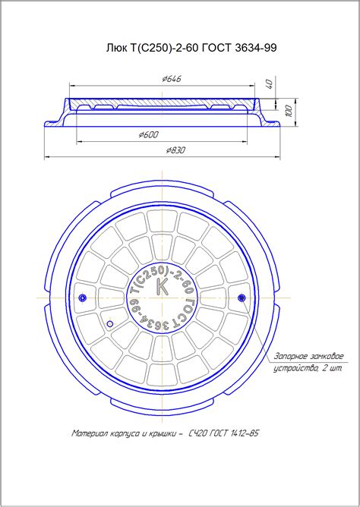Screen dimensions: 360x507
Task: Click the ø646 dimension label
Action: click(172, 79)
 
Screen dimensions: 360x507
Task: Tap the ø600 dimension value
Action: click(149, 135)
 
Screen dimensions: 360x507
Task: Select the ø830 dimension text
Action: click(175, 150)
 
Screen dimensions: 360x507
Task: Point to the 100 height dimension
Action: click(289, 111)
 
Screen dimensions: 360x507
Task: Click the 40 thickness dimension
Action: click(270, 84)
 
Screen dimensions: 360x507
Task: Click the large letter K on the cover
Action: click(162, 286)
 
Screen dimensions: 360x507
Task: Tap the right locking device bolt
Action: click(242, 298)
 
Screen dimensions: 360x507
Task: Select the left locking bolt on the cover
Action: click(83, 298)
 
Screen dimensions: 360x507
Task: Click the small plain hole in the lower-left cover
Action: click(110, 323)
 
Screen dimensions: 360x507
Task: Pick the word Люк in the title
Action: click(115, 48)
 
